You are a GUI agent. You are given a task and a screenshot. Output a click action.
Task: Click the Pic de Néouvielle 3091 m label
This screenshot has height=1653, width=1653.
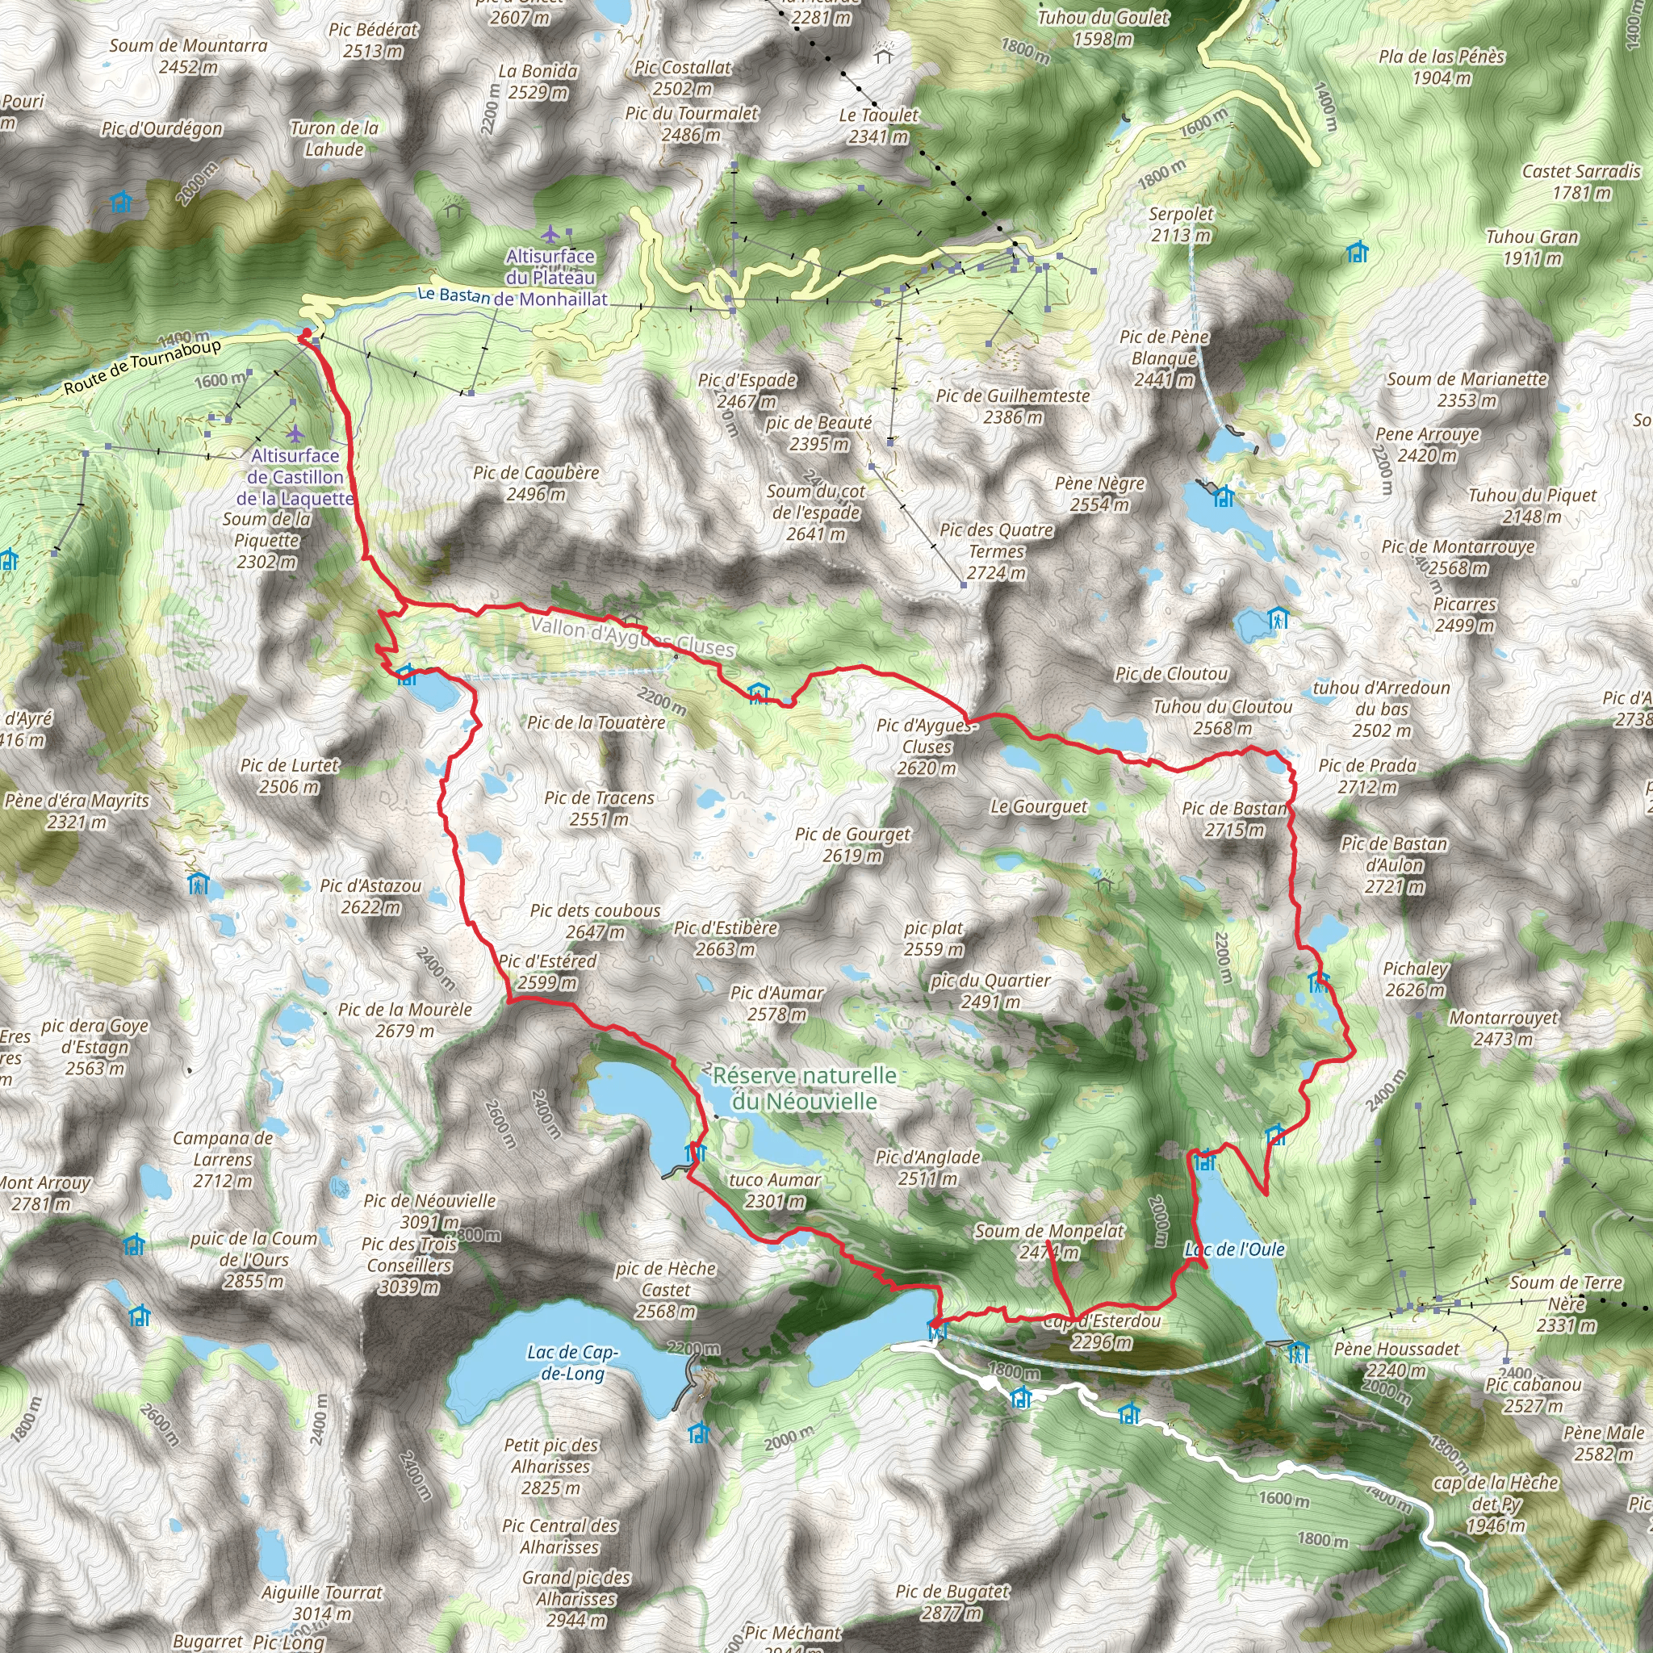pos(429,1212)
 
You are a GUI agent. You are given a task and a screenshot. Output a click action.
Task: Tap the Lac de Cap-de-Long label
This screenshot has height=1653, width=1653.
pos(571,1362)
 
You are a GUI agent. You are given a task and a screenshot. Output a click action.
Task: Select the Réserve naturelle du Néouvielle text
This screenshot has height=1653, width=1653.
pos(804,1088)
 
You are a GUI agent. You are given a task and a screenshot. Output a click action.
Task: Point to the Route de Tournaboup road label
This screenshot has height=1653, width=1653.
pos(142,367)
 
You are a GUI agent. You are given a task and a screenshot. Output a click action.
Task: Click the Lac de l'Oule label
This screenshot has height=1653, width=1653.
pos(1235,1250)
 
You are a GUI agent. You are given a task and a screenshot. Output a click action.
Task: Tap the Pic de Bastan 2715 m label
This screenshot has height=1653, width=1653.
pos(1234,818)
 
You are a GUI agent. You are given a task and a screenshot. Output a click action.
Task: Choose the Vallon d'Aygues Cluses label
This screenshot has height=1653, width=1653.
pos(632,637)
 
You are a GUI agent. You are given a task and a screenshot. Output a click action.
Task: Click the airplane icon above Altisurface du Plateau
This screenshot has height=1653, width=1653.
pos(550,232)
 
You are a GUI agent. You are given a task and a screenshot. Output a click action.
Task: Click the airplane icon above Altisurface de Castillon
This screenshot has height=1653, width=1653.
pos(295,433)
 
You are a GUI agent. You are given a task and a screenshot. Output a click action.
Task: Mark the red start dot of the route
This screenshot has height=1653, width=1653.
pos(306,333)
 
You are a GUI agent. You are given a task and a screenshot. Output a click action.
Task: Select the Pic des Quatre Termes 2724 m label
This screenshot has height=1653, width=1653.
pos(996,551)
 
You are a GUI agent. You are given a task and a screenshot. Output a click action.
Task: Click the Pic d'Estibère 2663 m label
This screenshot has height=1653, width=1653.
pos(726,938)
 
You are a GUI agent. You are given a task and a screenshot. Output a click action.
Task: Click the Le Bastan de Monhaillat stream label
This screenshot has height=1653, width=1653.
pos(512,297)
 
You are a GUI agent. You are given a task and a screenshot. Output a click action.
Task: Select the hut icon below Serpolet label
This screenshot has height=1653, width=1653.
pos(1356,253)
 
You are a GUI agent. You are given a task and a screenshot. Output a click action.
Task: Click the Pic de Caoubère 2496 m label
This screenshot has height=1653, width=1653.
pos(536,483)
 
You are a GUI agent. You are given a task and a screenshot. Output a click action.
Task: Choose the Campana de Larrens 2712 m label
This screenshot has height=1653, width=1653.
pos(223,1159)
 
